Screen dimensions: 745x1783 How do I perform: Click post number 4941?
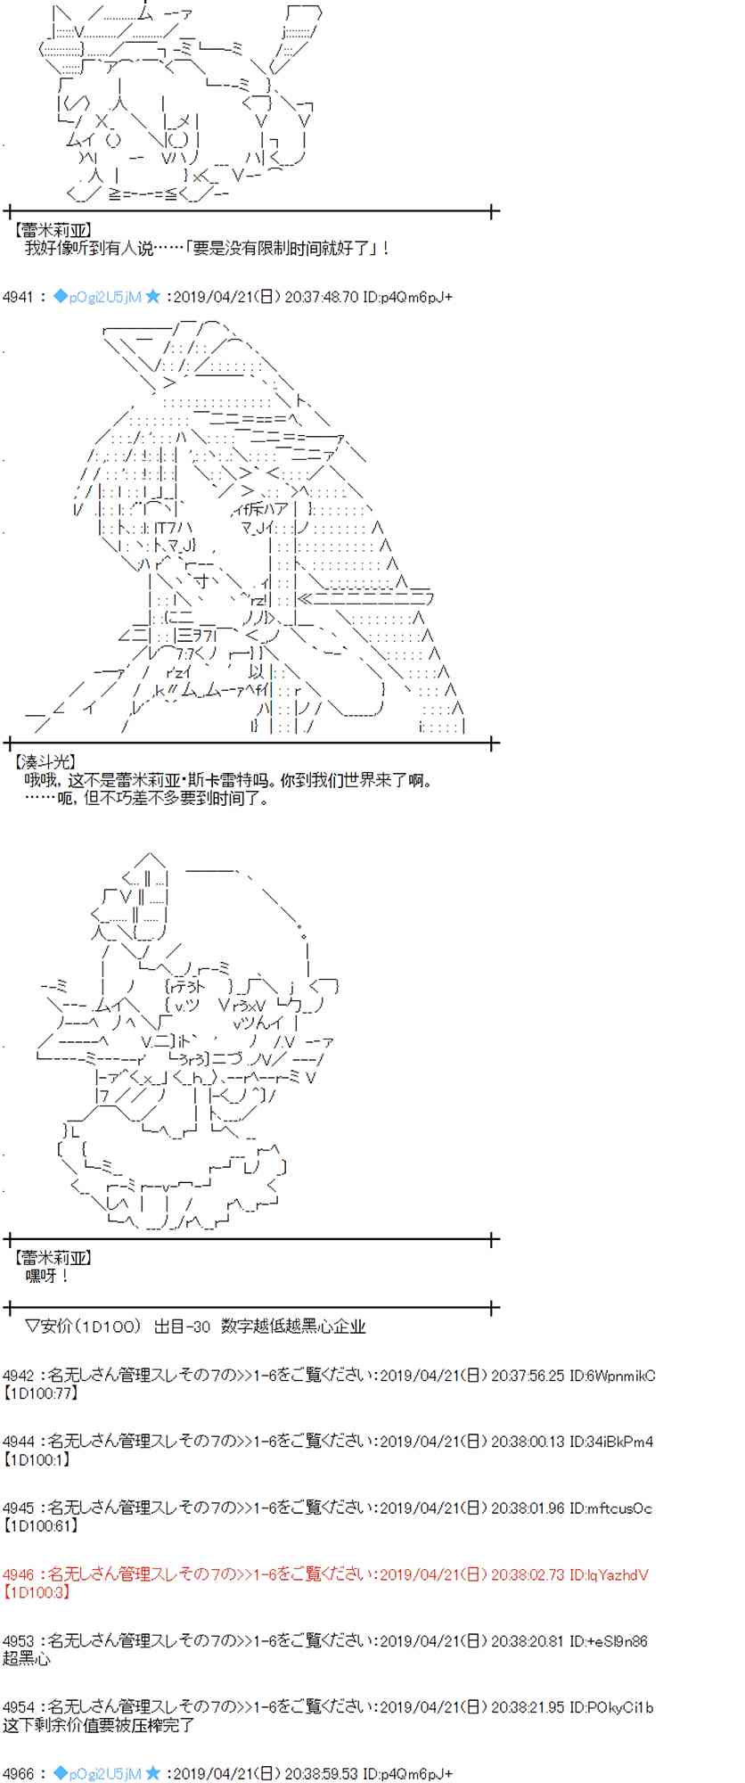pyautogui.click(x=18, y=297)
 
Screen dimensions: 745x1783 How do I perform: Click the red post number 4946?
pyautogui.click(x=18, y=1574)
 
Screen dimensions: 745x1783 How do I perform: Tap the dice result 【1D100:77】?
pyautogui.click(x=41, y=1393)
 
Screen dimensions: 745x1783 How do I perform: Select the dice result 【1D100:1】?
pyautogui.click(x=37, y=1459)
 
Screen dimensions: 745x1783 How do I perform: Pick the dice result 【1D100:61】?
pyautogui.click(x=41, y=1525)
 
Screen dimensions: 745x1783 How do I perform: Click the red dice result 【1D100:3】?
pyautogui.click(x=37, y=1591)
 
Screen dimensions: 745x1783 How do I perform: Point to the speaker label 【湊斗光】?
pyautogui.click(x=45, y=762)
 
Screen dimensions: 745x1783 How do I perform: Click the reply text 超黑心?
pyautogui.click(x=27, y=1658)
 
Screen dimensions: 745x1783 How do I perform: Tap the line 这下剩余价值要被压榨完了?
pyautogui.click(x=98, y=1724)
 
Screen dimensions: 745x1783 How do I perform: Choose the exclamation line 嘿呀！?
pyautogui.click(x=47, y=1276)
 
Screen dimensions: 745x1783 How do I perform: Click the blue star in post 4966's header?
pyautogui.click(x=152, y=1773)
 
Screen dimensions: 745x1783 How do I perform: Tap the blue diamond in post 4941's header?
pyautogui.click(x=61, y=297)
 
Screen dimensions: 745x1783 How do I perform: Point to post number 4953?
pyautogui.click(x=18, y=1640)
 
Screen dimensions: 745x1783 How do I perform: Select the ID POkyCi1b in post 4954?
pyautogui.click(x=618, y=1707)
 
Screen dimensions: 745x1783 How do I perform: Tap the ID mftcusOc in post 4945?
pyautogui.click(x=618, y=1508)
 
